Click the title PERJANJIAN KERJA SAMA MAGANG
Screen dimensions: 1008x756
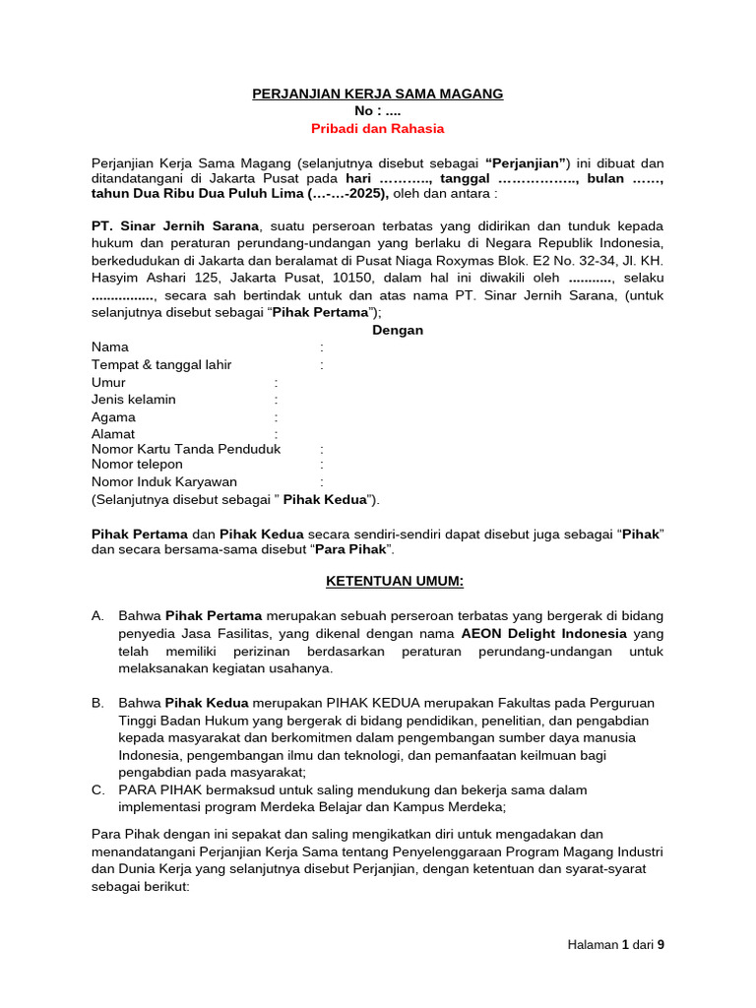coord(378,94)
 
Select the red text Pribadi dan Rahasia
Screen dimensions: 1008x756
coord(378,128)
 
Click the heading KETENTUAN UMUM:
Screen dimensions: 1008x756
coord(395,581)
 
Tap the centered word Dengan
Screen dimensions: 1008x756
coord(398,330)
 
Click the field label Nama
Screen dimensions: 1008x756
coord(109,347)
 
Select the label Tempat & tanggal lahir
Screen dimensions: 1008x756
coord(161,365)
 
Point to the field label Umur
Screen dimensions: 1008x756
coord(108,382)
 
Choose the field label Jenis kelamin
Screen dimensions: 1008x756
coord(134,400)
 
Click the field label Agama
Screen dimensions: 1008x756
coord(113,417)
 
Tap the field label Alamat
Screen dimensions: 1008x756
coord(113,434)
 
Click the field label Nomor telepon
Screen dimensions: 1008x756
coord(137,465)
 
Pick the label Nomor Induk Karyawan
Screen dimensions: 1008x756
coord(164,482)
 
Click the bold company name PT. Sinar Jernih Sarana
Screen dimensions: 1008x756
coord(174,225)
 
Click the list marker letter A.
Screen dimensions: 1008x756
coord(97,616)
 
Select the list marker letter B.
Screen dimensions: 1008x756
coord(97,704)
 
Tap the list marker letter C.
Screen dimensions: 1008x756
coord(97,790)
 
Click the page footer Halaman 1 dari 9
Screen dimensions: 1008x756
coord(616,945)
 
